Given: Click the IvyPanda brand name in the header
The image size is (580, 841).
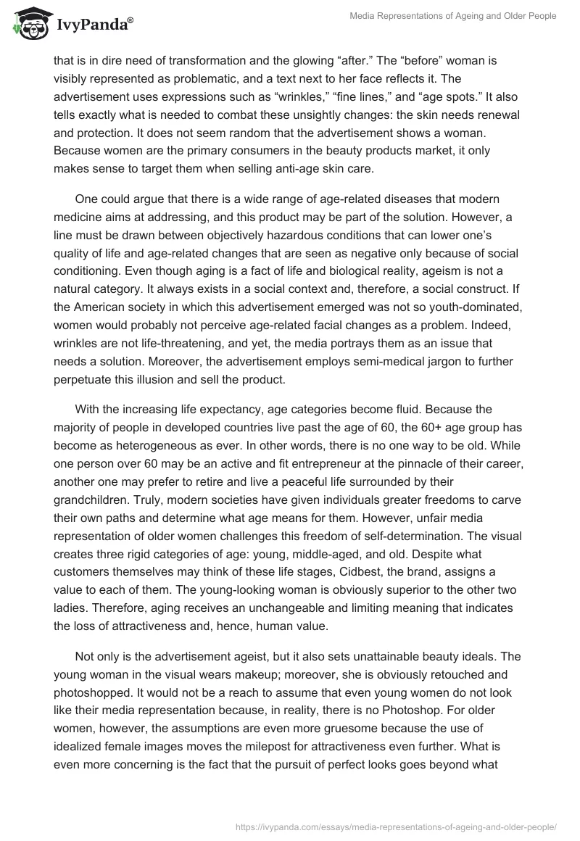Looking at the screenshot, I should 94,26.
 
